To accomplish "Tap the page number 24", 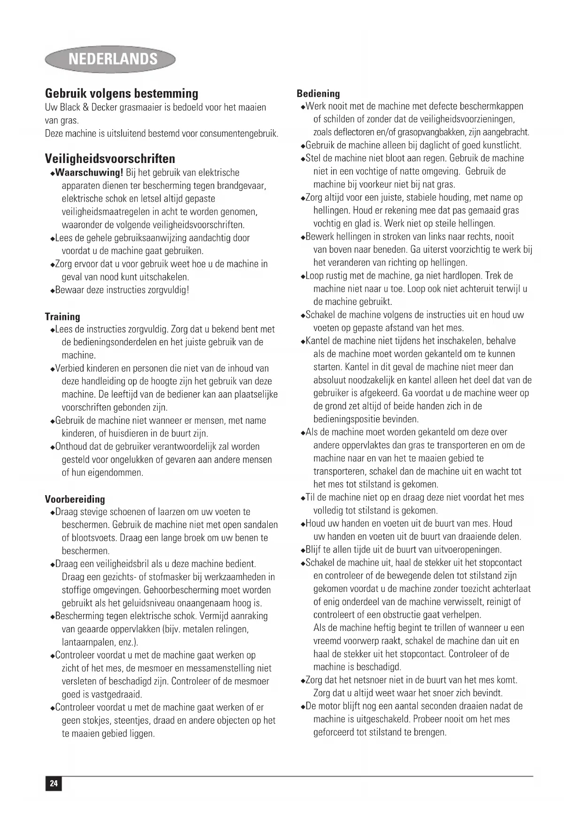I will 54,783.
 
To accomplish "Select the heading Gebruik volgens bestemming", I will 122,93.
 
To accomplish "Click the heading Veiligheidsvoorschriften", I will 110,158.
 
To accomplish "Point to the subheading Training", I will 62,317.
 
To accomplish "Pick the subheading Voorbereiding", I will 75,499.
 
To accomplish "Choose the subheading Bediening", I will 318,93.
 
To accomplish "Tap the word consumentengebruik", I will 239,133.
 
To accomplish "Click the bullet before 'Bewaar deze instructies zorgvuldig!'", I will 52,290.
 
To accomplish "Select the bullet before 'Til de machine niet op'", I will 303,498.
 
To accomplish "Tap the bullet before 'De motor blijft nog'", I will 303,707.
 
